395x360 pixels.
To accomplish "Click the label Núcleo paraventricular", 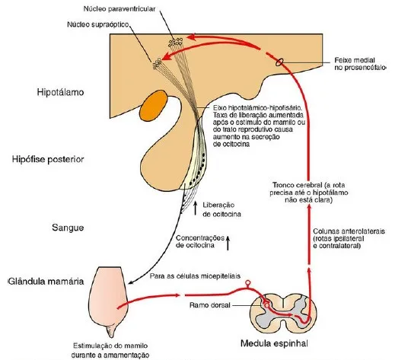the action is click(x=119, y=9).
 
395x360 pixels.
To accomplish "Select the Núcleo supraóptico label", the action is click(x=98, y=24).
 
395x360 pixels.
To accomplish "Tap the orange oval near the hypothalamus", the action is click(x=154, y=106).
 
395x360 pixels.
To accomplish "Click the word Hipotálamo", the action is click(x=60, y=92).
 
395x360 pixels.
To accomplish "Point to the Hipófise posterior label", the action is click(x=48, y=159).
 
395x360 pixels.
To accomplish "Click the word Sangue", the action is click(x=68, y=228).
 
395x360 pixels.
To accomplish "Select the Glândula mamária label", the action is click(x=46, y=282).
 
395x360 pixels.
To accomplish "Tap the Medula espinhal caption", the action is click(x=274, y=343).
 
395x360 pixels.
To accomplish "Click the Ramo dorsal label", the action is click(x=209, y=305).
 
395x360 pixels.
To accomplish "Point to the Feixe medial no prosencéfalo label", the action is click(x=360, y=64).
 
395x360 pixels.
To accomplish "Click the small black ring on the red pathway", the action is click(x=279, y=62).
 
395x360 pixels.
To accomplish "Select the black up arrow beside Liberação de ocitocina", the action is click(x=196, y=209).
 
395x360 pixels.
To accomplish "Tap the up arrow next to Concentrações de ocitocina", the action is click(x=228, y=243).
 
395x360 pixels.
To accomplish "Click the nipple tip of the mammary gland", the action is click(x=111, y=336).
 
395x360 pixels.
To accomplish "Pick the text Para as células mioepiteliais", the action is click(x=195, y=276).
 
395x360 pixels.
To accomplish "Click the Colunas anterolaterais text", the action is click(x=349, y=238).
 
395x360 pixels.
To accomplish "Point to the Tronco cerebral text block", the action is click(x=309, y=193).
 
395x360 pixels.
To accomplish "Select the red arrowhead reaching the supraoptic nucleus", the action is click(x=165, y=57).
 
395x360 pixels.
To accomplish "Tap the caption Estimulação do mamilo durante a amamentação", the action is click(x=110, y=350).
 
